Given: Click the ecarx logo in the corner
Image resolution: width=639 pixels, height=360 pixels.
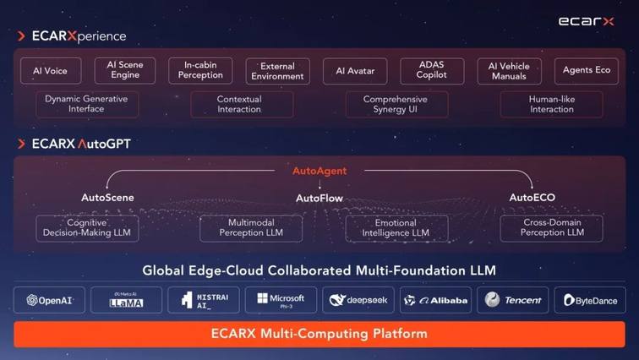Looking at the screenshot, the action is point(586,21).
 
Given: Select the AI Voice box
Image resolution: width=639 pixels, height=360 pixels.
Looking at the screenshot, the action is point(51,71).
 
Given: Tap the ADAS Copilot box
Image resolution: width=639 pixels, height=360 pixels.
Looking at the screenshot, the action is point(432,71).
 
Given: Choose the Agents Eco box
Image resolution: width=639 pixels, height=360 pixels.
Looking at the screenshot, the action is point(587,71).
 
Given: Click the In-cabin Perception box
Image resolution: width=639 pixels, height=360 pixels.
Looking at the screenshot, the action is point(200,71).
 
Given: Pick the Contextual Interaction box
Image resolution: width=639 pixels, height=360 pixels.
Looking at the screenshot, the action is point(242,105).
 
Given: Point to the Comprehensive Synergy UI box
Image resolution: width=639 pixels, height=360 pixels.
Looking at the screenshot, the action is point(397,105).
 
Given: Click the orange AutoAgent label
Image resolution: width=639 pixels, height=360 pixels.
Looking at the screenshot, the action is point(319,171).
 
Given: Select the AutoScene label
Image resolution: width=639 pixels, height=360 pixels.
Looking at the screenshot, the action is point(107,198).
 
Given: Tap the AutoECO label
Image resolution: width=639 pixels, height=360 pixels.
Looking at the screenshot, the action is point(532,198).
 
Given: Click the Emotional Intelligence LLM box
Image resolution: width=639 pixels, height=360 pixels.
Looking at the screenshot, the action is point(397,228).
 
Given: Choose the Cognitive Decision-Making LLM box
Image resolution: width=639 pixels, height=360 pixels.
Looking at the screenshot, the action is point(87,228).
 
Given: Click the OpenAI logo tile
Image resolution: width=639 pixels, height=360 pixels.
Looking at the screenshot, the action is point(49,300).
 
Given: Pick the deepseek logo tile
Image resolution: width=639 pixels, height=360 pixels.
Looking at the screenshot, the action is point(358,300).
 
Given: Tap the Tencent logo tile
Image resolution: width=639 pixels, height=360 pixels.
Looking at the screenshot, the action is point(513,300).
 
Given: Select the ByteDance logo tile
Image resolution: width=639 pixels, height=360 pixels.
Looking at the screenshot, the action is point(590,300).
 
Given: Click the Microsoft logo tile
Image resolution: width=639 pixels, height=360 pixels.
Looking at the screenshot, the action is point(281,300).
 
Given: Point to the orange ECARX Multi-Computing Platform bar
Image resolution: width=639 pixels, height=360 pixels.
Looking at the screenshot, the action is point(319,334).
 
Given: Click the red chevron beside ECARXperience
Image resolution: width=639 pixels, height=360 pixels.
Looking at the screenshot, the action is point(21,36).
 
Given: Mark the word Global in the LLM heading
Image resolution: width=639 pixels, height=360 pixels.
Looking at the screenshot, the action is point(163,270).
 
